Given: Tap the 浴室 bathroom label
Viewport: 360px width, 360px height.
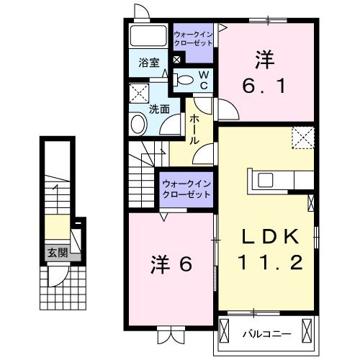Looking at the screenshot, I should pyautogui.click(x=148, y=63).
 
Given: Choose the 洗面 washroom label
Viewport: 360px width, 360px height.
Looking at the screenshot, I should pyautogui.click(x=158, y=109).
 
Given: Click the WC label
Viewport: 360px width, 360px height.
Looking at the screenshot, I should pyautogui.click(x=204, y=79).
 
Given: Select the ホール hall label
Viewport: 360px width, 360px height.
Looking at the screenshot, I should pyautogui.click(x=194, y=131).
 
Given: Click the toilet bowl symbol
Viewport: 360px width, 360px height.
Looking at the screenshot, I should pyautogui.click(x=185, y=80).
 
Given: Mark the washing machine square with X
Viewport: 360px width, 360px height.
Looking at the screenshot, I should pyautogui.click(x=138, y=94).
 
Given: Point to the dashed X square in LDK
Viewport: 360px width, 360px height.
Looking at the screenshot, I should pyautogui.click(x=303, y=137).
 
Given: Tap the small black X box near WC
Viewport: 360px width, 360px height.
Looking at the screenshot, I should pyautogui.click(x=177, y=60).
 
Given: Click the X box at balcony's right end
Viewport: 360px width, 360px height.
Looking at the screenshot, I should pyautogui.click(x=309, y=333).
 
